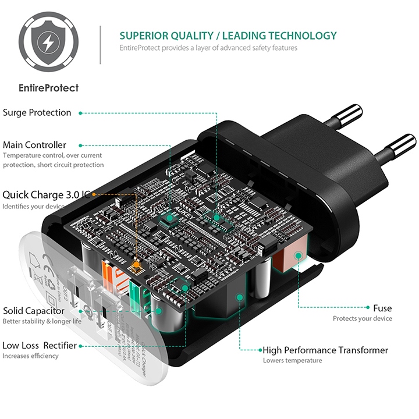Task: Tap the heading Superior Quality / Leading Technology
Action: tap(228, 35)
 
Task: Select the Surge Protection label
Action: tap(37, 112)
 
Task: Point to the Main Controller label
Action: tap(34, 145)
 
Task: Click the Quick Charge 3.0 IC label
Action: tap(46, 194)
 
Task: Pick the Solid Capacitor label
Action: tap(34, 311)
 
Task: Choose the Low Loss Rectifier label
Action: tap(40, 346)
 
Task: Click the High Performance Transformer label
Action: tap(325, 350)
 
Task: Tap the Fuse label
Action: tap(382, 308)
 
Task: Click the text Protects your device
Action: tap(362, 319)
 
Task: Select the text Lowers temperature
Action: tap(292, 361)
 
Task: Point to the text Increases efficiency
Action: tap(30, 356)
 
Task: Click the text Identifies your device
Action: tap(33, 207)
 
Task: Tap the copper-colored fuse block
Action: tap(290, 257)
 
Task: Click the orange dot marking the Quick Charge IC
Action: tap(137, 265)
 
